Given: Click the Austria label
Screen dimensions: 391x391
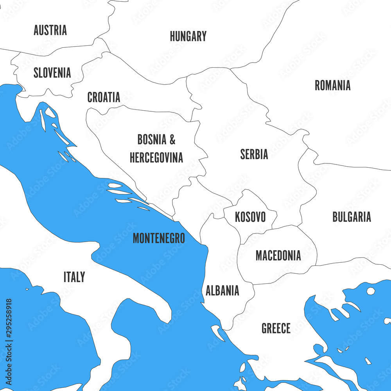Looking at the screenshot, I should pyautogui.click(x=50, y=30).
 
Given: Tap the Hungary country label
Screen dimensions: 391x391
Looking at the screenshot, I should pyautogui.click(x=188, y=36).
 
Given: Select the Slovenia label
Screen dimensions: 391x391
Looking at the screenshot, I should pyautogui.click(x=52, y=73).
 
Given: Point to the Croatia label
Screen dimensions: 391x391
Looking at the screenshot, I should pyautogui.click(x=104, y=97).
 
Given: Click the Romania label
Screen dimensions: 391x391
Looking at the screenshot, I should pyautogui.click(x=332, y=86).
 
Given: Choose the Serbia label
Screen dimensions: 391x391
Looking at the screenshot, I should pyautogui.click(x=254, y=154).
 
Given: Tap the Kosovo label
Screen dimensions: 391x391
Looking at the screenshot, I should pyautogui.click(x=250, y=217).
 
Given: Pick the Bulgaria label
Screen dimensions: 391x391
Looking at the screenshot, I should pyautogui.click(x=352, y=217).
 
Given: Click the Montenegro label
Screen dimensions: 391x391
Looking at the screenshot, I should pyautogui.click(x=158, y=238).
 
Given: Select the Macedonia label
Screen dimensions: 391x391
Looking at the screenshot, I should pyautogui.click(x=278, y=256).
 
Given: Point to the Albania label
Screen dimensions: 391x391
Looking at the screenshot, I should pyautogui.click(x=222, y=291).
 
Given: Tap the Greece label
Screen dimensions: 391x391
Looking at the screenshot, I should pyautogui.click(x=276, y=328).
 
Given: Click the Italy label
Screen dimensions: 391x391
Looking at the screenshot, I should pyautogui.click(x=74, y=277).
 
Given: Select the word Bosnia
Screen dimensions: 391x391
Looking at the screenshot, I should pyautogui.click(x=151, y=139).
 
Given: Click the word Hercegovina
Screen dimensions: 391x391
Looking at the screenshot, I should pyautogui.click(x=156, y=158).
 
